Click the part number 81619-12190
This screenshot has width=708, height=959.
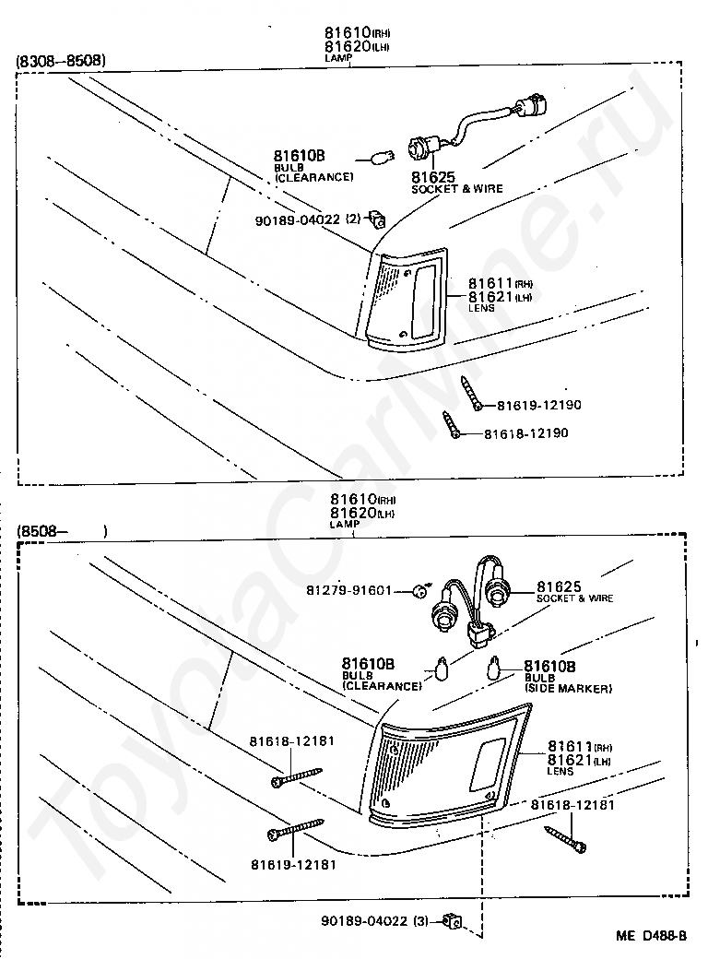point(539,405)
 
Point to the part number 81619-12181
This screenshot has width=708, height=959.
point(292,864)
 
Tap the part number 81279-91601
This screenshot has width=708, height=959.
point(349,590)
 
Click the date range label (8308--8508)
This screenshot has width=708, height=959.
point(61,61)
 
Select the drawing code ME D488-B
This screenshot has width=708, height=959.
point(652,935)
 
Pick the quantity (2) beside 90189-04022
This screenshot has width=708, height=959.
point(353,219)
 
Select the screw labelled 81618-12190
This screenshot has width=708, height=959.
point(451,425)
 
